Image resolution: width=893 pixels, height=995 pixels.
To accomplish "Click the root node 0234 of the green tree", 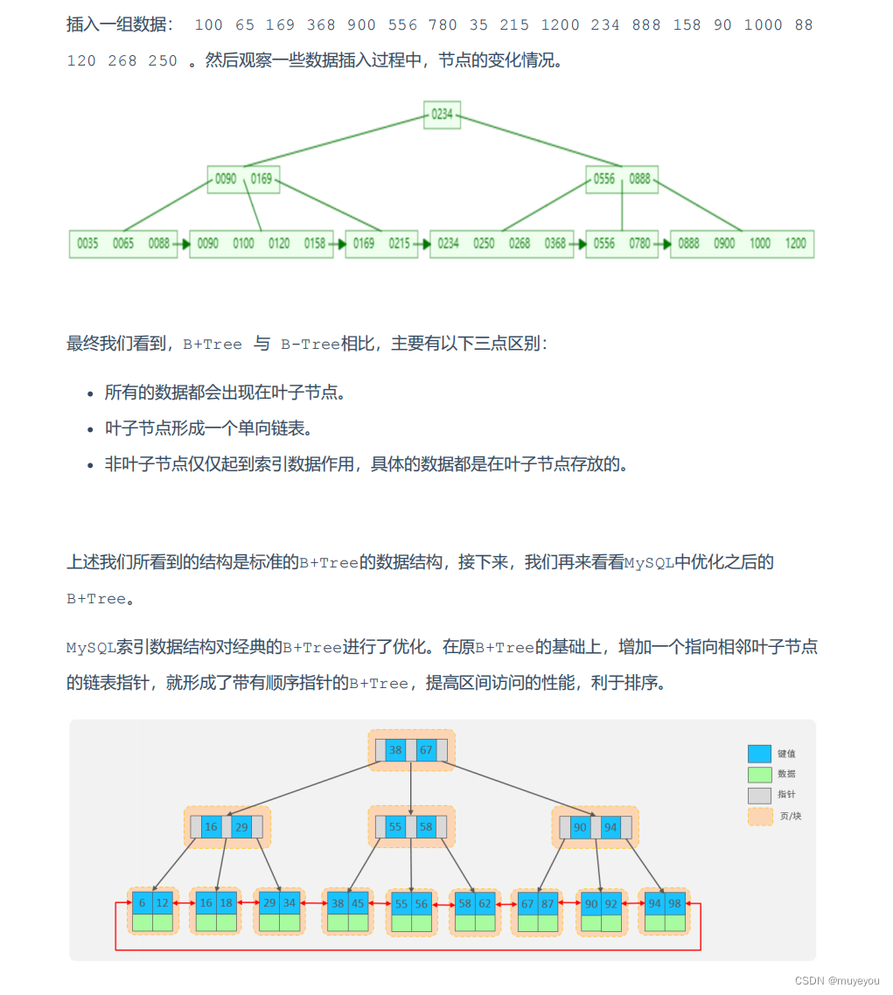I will tap(443, 114).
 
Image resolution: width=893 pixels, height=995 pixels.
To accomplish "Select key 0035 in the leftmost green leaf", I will tap(87, 244).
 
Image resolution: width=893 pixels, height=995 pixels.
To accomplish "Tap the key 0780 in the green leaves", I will tap(639, 244).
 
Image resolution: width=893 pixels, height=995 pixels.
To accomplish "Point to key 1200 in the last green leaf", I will tap(796, 244).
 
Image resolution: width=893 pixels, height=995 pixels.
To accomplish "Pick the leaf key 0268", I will tap(520, 244).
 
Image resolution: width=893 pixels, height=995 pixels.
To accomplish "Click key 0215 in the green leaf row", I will tap(399, 244).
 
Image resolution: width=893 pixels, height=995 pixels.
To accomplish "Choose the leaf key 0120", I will tap(279, 244).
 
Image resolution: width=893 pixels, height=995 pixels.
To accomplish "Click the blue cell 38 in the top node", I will tap(395, 750).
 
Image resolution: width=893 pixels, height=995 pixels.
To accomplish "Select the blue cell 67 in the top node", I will tap(426, 750).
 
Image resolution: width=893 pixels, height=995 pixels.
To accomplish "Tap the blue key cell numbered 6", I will tap(143, 903).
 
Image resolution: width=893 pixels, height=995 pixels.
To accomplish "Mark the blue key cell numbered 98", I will tap(675, 903).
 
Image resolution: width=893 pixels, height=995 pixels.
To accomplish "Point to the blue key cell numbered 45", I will tap(358, 903).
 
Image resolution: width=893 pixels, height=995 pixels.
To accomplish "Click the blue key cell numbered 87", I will tap(548, 903).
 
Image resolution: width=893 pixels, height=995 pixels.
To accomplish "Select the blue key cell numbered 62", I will tap(485, 903).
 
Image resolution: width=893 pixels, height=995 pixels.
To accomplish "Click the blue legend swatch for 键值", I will tap(759, 754).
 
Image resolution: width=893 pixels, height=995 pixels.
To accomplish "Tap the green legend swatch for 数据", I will tap(759, 774).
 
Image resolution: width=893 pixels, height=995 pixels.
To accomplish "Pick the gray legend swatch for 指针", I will tap(759, 795).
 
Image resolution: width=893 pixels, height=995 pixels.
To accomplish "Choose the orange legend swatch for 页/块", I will tap(759, 816).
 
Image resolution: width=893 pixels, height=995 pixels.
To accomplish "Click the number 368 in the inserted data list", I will tap(320, 25).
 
